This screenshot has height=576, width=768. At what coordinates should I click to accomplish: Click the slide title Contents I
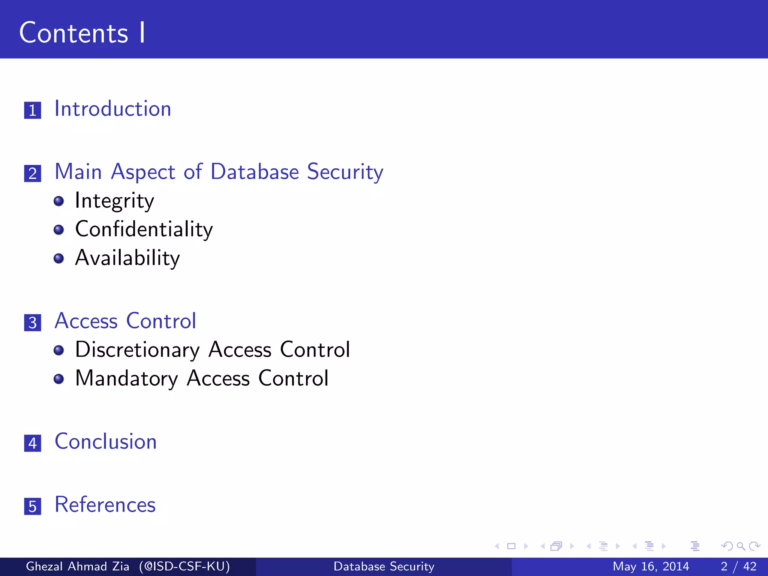(x=82, y=33)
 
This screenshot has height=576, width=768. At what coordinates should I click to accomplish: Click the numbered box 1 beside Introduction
(x=33, y=110)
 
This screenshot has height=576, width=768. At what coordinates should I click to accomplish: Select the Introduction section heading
(x=113, y=109)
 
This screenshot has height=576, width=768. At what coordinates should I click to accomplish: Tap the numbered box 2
(x=33, y=173)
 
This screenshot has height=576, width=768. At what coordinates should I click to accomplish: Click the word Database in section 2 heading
(x=255, y=172)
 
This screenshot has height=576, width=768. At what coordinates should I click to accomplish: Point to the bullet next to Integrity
(x=58, y=201)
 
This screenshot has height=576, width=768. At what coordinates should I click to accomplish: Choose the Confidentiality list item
(x=144, y=229)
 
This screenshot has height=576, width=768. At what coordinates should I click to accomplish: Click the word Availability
(x=127, y=258)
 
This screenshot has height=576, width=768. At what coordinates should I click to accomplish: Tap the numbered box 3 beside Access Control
(x=33, y=322)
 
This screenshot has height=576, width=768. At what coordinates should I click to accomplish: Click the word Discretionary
(x=137, y=350)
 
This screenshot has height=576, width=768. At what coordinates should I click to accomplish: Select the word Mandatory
(x=126, y=378)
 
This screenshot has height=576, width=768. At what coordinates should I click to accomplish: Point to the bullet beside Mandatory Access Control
(x=58, y=379)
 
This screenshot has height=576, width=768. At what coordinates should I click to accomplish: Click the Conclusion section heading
(x=106, y=441)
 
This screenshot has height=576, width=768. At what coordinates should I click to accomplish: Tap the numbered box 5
(x=33, y=506)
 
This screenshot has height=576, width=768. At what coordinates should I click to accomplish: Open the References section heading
(x=105, y=504)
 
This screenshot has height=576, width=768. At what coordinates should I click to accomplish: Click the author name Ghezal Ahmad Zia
(x=77, y=566)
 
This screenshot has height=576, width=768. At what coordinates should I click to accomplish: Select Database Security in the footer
(x=384, y=566)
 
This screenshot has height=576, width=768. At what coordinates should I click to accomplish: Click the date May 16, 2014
(x=651, y=566)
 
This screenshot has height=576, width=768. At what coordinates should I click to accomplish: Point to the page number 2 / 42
(x=738, y=566)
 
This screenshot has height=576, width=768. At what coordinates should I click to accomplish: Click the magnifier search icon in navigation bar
(x=740, y=546)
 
